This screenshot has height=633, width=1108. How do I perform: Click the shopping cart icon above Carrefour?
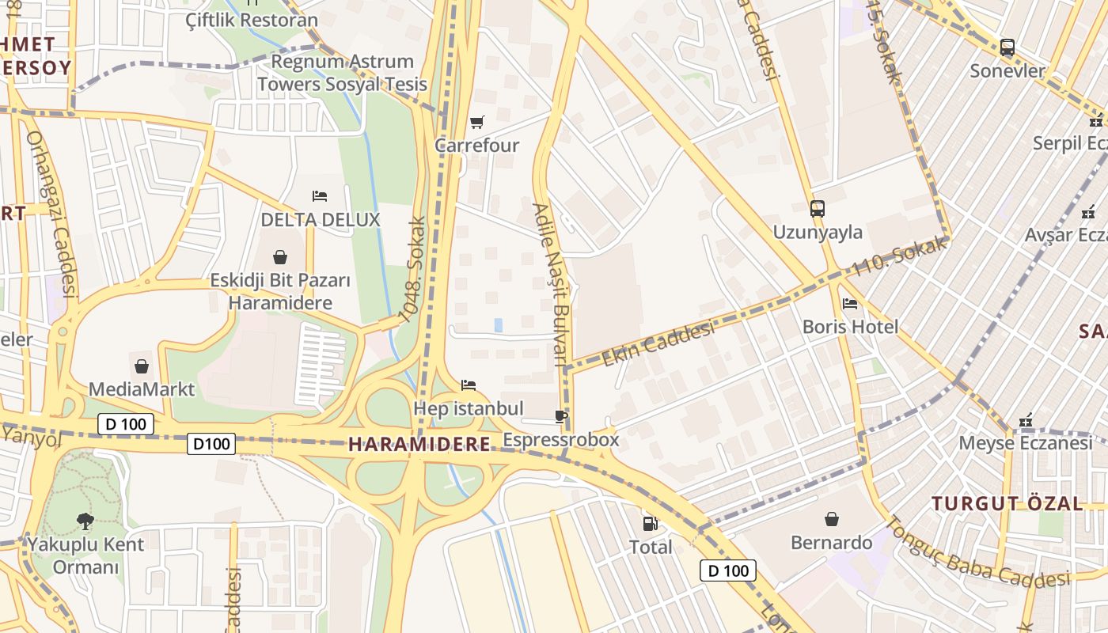click(x=476, y=122)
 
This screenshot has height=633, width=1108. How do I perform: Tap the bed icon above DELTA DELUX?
click(x=320, y=195)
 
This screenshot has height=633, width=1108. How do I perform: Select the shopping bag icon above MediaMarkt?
click(x=142, y=366)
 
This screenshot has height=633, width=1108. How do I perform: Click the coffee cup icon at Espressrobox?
click(x=561, y=416)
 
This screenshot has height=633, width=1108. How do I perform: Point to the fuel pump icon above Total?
click(x=650, y=523)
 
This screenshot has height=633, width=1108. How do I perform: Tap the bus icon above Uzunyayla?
click(x=818, y=209)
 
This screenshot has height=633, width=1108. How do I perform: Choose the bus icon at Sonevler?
click(x=1007, y=47)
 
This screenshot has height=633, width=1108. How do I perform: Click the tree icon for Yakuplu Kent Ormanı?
click(x=85, y=521)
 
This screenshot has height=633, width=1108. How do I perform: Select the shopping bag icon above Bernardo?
click(x=832, y=519)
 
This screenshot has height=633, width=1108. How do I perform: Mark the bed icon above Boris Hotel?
click(x=850, y=303)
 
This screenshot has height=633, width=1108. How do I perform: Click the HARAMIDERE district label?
click(x=419, y=445)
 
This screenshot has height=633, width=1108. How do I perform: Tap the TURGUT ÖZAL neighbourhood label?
click(x=1007, y=503)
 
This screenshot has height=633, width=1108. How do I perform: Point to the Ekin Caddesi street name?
click(x=658, y=344)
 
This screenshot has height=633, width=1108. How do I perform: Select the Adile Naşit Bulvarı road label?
click(x=551, y=285)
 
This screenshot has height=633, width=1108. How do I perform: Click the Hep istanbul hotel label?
click(x=469, y=408)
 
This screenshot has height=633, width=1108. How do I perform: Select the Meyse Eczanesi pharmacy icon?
click(x=1026, y=420)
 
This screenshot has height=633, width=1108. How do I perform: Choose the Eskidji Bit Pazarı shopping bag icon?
click(x=279, y=257)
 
